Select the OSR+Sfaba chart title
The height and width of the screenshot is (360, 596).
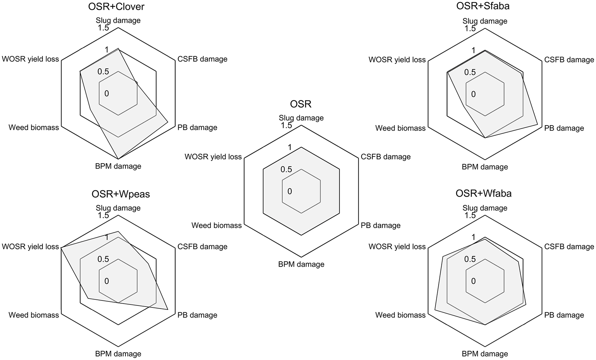483,6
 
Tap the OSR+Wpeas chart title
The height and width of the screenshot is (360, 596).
120,194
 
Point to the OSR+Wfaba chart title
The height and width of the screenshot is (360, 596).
483,193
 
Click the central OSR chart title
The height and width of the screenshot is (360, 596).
301,104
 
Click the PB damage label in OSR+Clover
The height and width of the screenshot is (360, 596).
197,128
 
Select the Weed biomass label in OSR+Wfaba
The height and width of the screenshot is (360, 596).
400,315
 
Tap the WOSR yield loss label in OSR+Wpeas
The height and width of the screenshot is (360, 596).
30,247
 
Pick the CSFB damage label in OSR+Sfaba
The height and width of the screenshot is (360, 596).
569,60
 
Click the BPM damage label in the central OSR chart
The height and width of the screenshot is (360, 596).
301,264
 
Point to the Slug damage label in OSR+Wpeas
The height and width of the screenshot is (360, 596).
118,208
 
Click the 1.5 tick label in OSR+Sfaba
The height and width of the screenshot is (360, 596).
470,29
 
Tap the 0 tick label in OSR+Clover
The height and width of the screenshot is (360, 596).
107,94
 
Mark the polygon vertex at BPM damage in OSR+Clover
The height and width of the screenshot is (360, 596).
118,159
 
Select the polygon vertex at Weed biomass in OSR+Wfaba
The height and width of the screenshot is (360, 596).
435,309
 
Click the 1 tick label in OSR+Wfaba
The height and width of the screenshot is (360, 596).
474,238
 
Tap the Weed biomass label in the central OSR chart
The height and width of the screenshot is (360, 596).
217,225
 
